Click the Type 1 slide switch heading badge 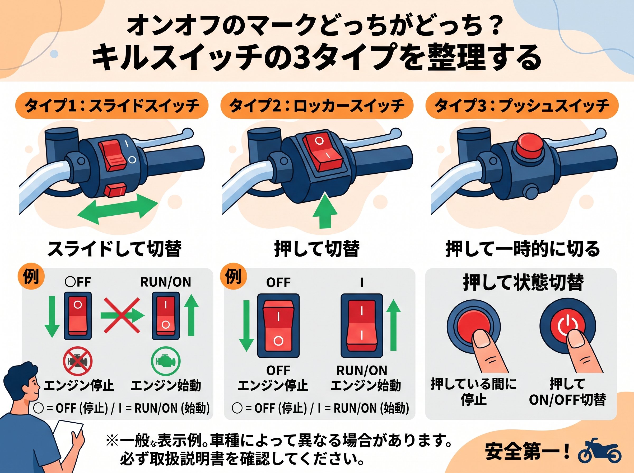[112, 105]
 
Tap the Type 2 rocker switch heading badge [317, 105]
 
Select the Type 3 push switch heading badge [522, 105]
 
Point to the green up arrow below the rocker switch [325, 210]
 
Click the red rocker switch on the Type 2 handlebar [323, 151]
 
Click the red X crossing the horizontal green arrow [122, 315]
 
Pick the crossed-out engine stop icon [78, 361]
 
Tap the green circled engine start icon [166, 361]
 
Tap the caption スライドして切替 [115, 249]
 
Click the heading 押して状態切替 [523, 283]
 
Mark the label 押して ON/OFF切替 [567, 392]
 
